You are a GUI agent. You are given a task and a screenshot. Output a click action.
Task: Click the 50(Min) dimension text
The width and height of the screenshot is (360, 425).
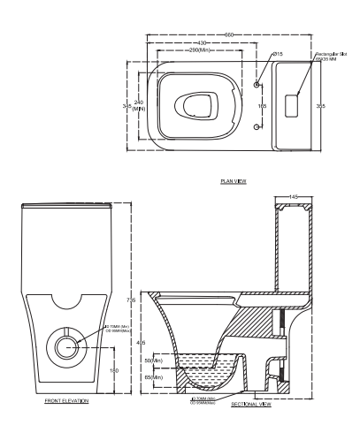point(155,360)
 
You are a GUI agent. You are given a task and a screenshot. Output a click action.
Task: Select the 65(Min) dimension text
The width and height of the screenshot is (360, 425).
point(155,377)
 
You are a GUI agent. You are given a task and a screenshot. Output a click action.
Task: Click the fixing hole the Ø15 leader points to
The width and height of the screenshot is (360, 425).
point(257,85)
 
